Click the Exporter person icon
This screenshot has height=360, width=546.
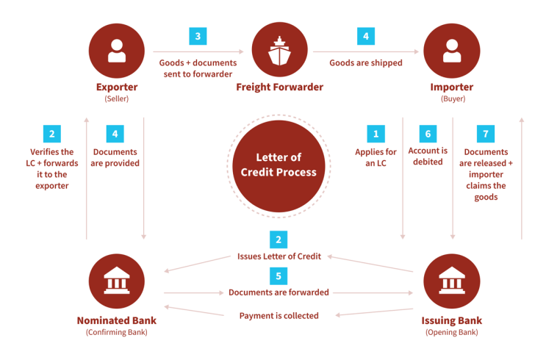(117, 51)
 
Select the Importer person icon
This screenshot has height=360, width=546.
(452, 51)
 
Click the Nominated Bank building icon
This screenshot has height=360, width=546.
(117, 281)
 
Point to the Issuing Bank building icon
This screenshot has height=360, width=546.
(452, 281)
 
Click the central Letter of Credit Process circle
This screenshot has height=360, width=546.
(279, 166)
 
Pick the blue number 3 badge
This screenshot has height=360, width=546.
(198, 36)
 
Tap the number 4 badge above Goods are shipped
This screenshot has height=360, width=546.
(366, 36)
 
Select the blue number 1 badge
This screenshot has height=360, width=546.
(376, 134)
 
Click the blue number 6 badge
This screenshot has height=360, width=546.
(428, 134)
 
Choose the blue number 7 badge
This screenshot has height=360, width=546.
(486, 134)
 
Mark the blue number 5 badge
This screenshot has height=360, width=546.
(279, 276)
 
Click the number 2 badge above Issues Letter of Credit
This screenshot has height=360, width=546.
(279, 240)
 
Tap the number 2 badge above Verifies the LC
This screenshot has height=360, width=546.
(52, 134)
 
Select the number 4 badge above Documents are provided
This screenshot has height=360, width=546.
(115, 134)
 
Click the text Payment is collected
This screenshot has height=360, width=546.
(279, 316)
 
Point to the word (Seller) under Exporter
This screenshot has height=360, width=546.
(117, 99)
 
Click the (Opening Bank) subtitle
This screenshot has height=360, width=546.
(452, 333)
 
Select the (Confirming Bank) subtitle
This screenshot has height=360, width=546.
(117, 333)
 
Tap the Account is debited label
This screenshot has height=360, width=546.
(428, 156)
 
